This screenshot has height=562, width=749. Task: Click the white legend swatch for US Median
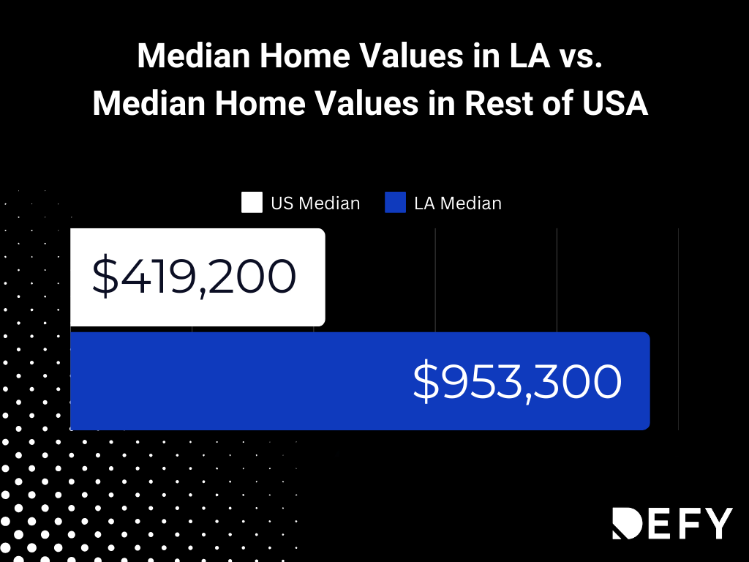pyautogui.click(x=252, y=203)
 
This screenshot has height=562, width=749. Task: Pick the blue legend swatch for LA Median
pyautogui.click(x=395, y=203)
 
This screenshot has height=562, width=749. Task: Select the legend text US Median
pyautogui.click(x=315, y=203)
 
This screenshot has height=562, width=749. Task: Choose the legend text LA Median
pyautogui.click(x=458, y=203)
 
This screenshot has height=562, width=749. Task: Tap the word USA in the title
pyautogui.click(x=615, y=104)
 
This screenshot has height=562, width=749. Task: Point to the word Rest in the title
pyautogui.click(x=500, y=104)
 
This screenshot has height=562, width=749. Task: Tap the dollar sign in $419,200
pyautogui.click(x=105, y=277)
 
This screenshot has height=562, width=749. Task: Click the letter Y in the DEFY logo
pyautogui.click(x=715, y=522)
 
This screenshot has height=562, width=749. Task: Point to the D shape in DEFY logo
pyautogui.click(x=627, y=522)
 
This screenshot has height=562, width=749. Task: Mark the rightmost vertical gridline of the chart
pyautogui.click(x=678, y=329)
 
